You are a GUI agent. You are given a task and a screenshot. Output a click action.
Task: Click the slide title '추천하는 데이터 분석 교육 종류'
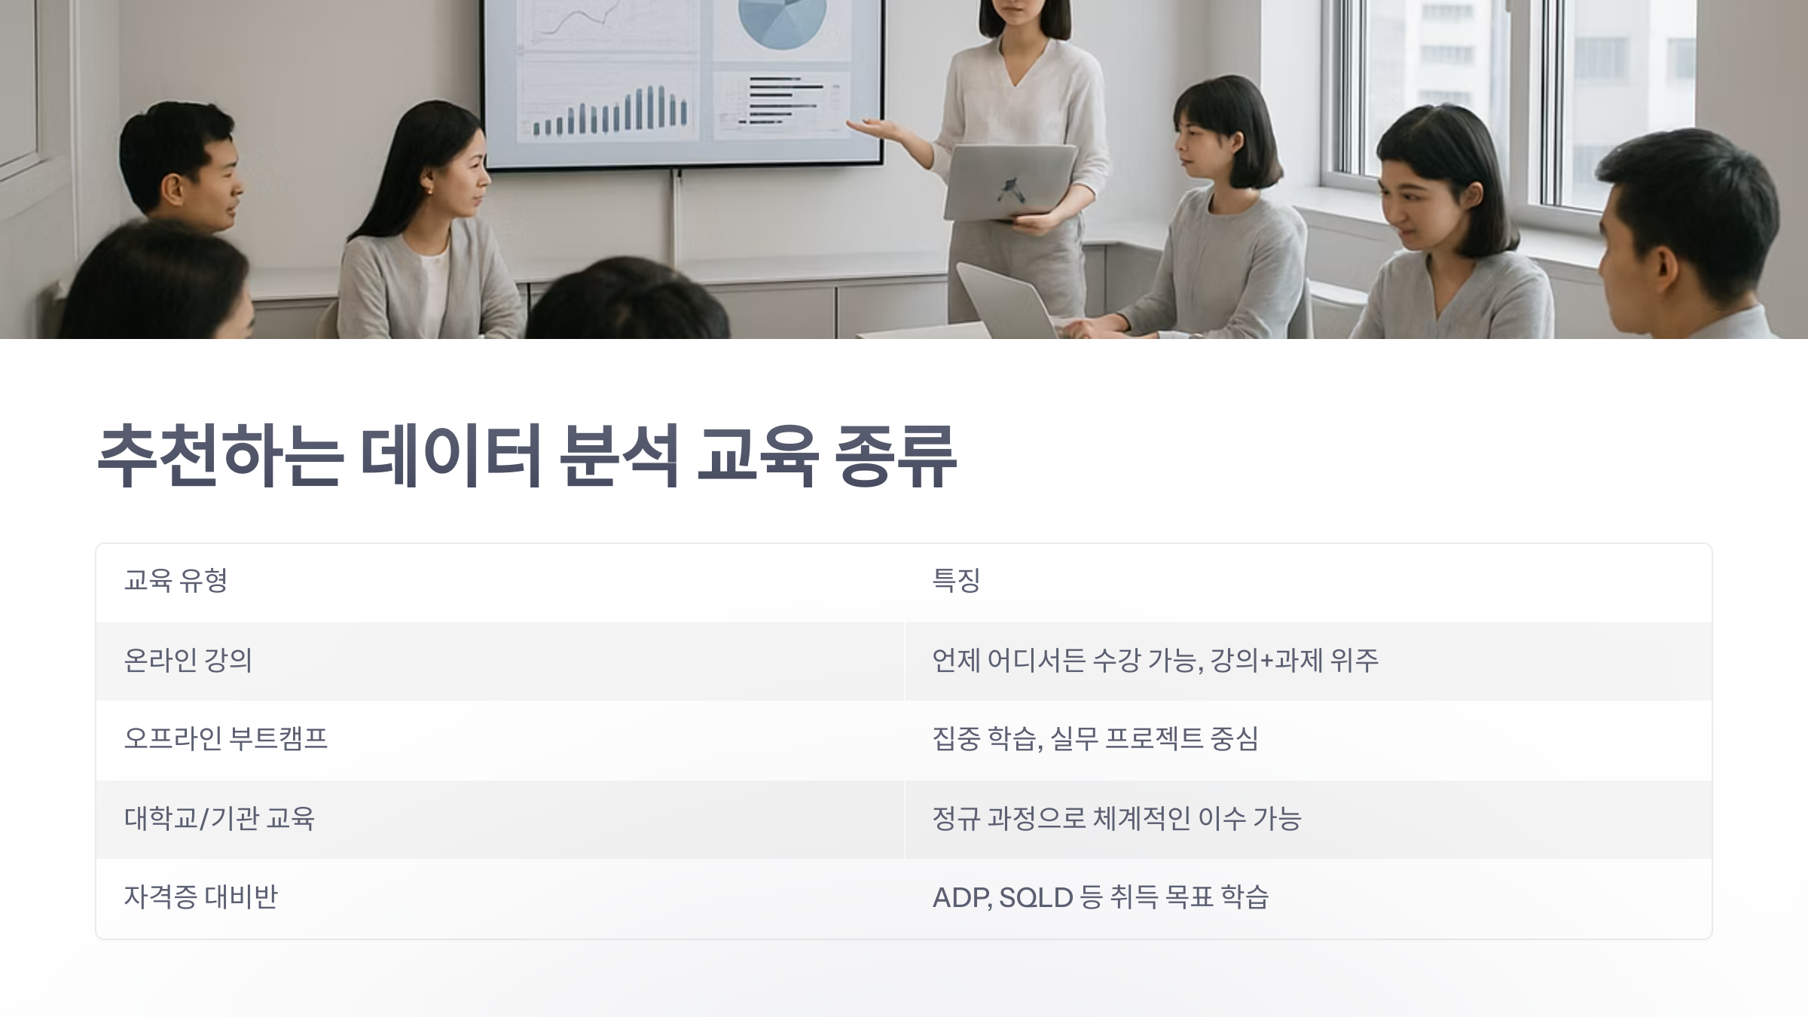527,457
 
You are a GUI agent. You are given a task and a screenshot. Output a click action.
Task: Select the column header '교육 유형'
176,581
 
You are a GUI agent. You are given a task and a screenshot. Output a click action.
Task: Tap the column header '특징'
956,581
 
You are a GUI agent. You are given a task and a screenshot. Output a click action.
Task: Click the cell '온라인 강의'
188,661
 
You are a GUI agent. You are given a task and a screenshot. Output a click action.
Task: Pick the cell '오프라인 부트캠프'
225,739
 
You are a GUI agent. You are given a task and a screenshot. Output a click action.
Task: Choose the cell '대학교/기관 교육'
219,818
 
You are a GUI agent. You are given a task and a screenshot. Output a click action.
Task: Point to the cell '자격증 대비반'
200,897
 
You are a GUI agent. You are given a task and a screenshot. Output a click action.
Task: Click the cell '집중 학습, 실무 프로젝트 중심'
1095,739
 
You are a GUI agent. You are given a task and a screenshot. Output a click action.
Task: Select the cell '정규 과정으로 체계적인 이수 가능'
1116,818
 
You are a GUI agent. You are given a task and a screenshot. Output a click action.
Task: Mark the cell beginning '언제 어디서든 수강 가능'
1155,661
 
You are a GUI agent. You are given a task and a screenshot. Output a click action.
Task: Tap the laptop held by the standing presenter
1009,182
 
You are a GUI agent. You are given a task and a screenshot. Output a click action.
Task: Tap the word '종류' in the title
896,457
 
